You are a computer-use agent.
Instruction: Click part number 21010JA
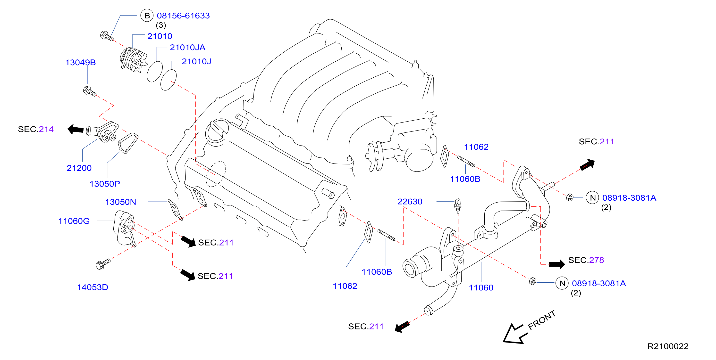pos(188,48)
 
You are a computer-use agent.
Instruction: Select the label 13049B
pos(80,63)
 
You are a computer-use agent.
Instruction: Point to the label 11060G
pos(74,221)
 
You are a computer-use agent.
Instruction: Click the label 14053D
pos(93,287)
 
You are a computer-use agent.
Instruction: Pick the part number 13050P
pos(105,184)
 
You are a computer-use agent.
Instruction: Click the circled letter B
pos(147,16)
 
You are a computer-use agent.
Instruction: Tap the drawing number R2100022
pos(668,346)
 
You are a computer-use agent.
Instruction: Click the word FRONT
pos(542,320)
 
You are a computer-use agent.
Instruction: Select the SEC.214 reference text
pos(36,129)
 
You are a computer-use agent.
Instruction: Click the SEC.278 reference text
pos(586,260)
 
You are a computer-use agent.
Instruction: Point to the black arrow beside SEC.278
pos(557,264)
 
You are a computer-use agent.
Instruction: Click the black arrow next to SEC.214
pos(76,129)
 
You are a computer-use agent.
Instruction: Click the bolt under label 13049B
pos(90,91)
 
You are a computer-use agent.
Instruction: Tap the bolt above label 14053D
pos(103,264)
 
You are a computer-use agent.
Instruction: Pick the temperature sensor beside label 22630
pos(458,206)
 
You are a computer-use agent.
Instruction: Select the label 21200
pos(79,168)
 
